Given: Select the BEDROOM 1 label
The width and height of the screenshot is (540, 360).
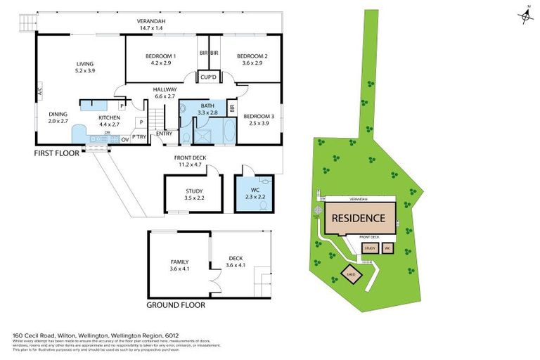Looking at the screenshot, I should [x=160, y=56].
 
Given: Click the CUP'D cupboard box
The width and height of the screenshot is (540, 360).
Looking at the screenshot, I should [x=207, y=77].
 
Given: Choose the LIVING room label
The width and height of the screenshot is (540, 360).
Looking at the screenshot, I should [x=84, y=64].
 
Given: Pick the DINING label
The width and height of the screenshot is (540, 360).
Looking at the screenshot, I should [x=58, y=114].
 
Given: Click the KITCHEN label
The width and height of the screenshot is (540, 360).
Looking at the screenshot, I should [x=110, y=117].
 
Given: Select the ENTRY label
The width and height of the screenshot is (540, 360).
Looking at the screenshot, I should [x=164, y=134].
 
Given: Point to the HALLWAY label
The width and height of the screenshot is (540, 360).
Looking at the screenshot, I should [x=165, y=89].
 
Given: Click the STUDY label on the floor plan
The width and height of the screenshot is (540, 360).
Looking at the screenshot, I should [x=194, y=191].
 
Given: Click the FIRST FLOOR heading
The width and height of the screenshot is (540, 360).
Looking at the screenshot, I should [x=57, y=152].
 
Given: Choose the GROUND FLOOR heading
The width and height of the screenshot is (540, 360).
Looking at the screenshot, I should [x=175, y=306].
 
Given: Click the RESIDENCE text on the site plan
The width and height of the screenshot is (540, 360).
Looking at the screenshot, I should [x=358, y=218].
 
